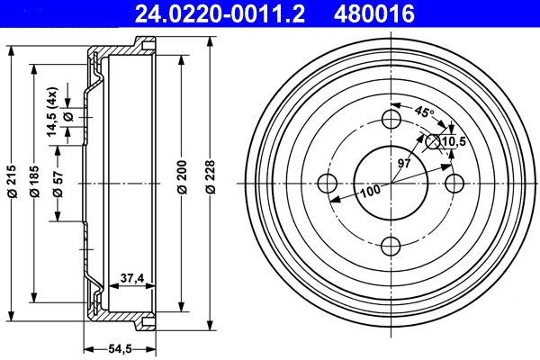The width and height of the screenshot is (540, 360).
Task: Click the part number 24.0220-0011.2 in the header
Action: pyautogui.click(x=220, y=13)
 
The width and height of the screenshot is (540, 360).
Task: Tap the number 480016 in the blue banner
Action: pyautogui.click(x=374, y=13)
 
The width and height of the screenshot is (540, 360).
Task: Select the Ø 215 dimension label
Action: pyautogui.click(x=12, y=181)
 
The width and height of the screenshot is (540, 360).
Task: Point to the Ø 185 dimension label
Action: pyautogui.click(x=34, y=181)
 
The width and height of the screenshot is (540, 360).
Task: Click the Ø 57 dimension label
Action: pyautogui.click(x=58, y=184)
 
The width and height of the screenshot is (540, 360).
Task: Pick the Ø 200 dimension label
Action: pyautogui.click(x=182, y=177)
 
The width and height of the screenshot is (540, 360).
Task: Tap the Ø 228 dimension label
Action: pyautogui.click(x=210, y=176)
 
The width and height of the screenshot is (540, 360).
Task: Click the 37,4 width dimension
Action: pyautogui.click(x=132, y=278)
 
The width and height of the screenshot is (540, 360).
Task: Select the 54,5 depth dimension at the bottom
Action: pyautogui.click(x=121, y=349)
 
